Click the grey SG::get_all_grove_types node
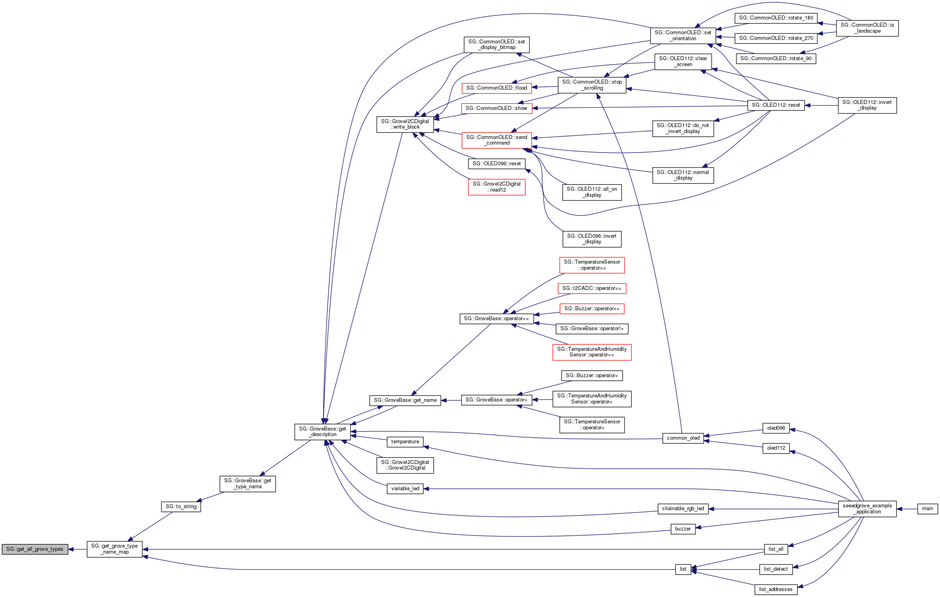coord(35,549)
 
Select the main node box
coord(927,509)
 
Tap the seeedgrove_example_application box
coord(867,509)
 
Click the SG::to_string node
coord(181,507)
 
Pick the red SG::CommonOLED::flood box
coord(496,88)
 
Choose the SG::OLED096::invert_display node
coord(591,239)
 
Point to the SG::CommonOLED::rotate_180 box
coord(776,18)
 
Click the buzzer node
coord(683,529)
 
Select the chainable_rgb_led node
coord(683,509)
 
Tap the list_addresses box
coord(775,589)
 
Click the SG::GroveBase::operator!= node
coord(591,329)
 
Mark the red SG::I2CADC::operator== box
coord(591,288)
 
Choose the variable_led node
coord(405,489)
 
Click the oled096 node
coord(776,428)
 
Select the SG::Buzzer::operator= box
coord(591,376)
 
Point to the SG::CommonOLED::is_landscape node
coord(867,28)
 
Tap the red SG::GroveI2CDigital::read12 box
coord(496,187)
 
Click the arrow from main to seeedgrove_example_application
coord(907,509)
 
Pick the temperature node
coord(405,442)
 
